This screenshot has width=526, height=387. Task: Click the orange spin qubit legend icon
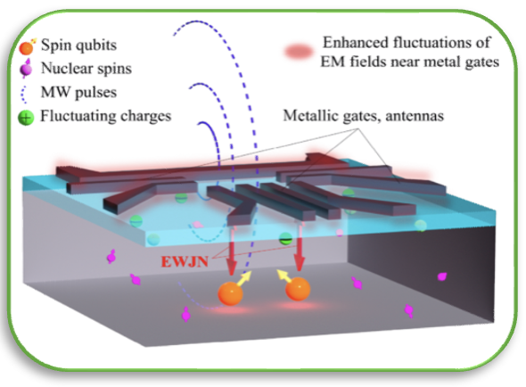pos(27,46)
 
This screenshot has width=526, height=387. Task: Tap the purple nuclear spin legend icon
pos(26,69)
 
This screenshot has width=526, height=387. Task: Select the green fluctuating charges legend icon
pos(26,118)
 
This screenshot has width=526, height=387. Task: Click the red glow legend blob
pos(299,52)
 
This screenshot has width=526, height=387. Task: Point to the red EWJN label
pos(185,261)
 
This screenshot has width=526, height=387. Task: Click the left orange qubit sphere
pos(231,293)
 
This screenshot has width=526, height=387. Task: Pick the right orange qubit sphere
pos(298,288)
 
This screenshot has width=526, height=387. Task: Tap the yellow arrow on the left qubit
pos(244,278)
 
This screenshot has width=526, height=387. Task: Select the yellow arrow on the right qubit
pos(284,276)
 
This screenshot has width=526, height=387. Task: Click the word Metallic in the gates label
pos(310,115)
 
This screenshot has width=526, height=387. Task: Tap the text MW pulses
pos(78,93)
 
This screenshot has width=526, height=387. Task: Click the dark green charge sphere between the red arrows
pos(286,239)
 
